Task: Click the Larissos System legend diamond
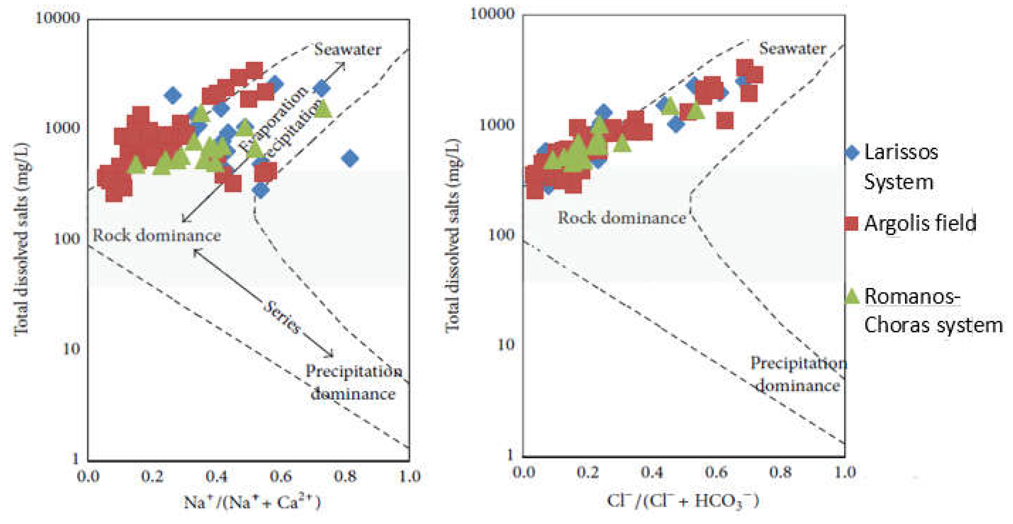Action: coord(852,153)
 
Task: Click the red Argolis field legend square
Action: coord(851,223)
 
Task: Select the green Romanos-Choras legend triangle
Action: coord(852,297)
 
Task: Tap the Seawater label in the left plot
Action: coord(348,49)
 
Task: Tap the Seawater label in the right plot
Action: coord(792,49)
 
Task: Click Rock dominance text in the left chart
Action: coord(156,235)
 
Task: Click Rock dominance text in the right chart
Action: coord(622,218)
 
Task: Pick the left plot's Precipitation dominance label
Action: coord(354,382)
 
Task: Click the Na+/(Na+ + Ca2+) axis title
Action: coord(252,502)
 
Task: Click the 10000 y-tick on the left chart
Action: coord(57,17)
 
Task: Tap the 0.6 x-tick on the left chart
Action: coord(281,477)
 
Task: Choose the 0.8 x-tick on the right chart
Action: coord(780,472)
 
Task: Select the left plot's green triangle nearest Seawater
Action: coord(323,109)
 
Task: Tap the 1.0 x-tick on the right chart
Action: coord(845,472)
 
